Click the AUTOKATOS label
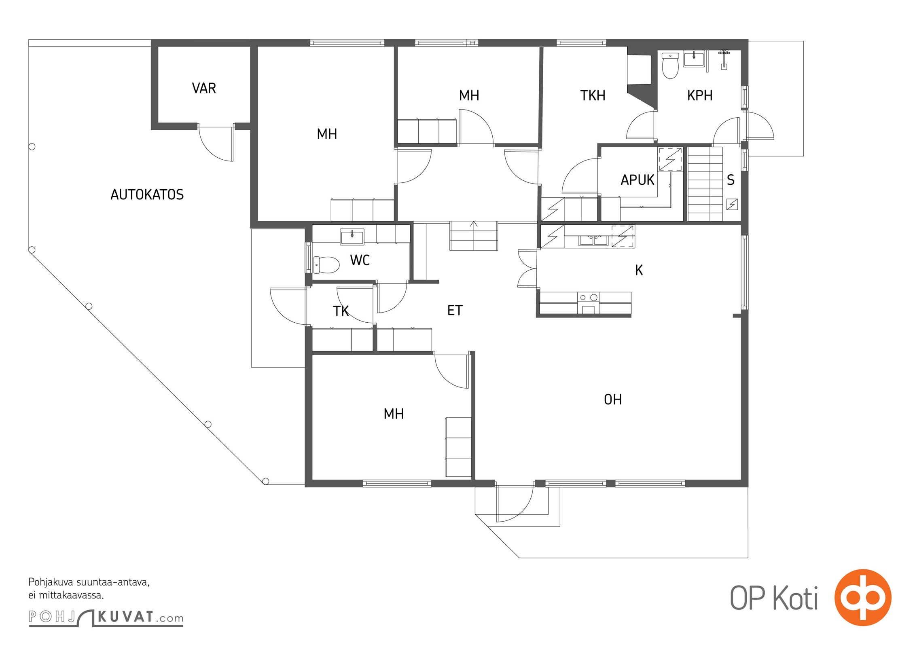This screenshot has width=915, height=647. [147, 195]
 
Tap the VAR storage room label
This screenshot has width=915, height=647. [204, 88]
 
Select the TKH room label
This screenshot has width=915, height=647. [593, 95]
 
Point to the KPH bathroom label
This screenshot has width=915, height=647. [700, 95]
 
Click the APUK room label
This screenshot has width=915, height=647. [638, 180]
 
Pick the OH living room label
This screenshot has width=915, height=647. [613, 400]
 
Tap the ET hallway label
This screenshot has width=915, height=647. [455, 310]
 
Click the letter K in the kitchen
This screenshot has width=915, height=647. [639, 270]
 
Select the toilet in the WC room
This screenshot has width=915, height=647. [326, 265]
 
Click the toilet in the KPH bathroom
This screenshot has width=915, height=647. [670, 66]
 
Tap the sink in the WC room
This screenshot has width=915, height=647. [352, 237]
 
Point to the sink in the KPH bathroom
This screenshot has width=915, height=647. [694, 59]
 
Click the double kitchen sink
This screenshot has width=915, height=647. [593, 240]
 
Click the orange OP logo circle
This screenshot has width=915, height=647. [863, 597]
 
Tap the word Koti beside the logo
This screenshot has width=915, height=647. [796, 598]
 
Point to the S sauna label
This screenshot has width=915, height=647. [731, 180]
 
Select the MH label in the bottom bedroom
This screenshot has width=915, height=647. [394, 414]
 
